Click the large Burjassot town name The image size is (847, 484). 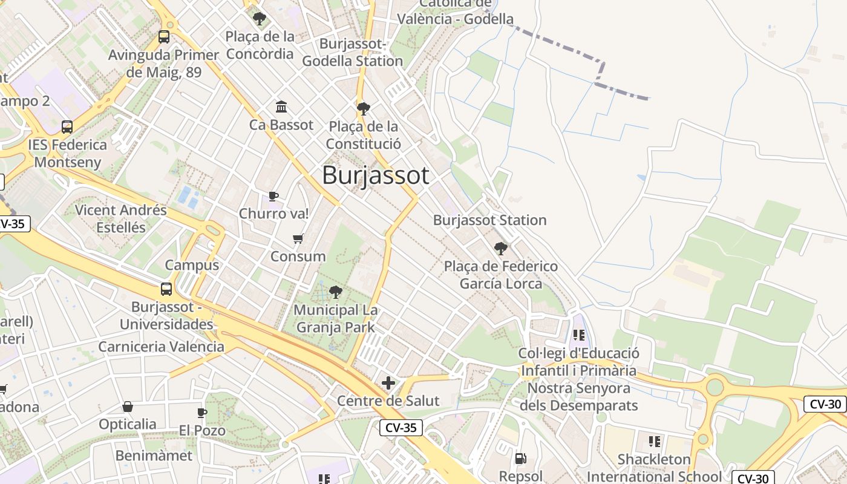pos(376,175)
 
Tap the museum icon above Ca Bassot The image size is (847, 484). pos(281,107)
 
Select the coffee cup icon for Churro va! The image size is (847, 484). pos(273,196)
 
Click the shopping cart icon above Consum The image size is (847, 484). pos(298,238)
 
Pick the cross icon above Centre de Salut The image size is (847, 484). pos(388,383)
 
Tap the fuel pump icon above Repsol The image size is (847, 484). pos(520,459)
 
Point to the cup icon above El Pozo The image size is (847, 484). pos(202,413)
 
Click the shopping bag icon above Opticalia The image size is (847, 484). pos(128,407)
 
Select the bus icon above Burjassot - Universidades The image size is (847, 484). pos(166,289)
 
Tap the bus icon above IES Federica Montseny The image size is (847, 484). pos(67,127)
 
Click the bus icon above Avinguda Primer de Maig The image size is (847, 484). pos(164,37)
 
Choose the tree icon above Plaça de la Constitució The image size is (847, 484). pos(363,109)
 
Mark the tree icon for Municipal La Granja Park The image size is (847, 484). pos(335,293)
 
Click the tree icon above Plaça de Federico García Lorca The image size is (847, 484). pos(500,248)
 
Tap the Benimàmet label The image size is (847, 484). pos(154,456)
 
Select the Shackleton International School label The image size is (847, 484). pos(654,468)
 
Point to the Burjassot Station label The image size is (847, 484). pos(489,220)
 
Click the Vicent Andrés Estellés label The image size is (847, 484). pos(121,218)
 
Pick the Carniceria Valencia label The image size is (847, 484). pos(161,347)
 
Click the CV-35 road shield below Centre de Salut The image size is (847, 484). pos(401,428)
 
